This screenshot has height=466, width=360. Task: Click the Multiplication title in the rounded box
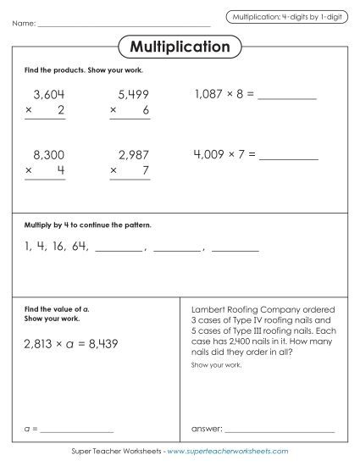(x=180, y=47)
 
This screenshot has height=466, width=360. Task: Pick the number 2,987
(x=131, y=155)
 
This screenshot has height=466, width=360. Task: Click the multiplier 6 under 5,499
(x=146, y=111)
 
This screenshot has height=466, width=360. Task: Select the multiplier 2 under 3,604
(x=61, y=111)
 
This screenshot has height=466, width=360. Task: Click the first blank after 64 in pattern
(x=119, y=250)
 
